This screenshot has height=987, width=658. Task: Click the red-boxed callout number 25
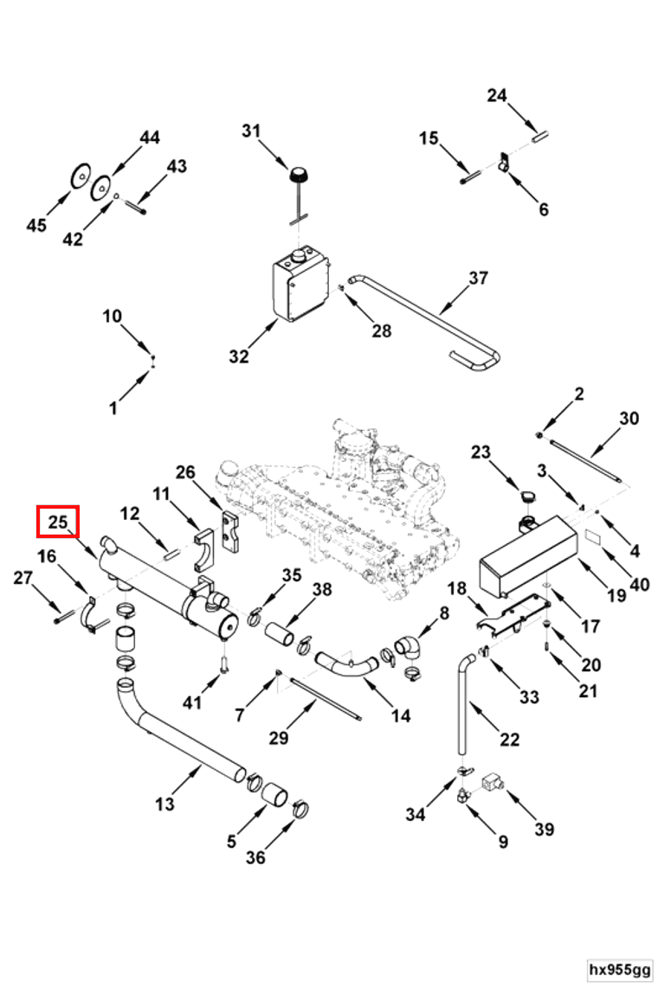pos(57,522)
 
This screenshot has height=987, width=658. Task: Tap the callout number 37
pos(478,279)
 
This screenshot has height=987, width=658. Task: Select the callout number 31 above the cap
pos(251,131)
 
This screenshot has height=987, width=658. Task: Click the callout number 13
pos(164,804)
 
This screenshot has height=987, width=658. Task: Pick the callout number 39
pos(544,830)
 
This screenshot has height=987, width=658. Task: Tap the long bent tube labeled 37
pos(433,321)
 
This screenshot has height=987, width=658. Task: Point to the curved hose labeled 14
pos(346,666)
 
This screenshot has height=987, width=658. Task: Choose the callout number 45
pos(36,225)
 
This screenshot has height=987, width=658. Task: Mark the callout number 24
pos(496,95)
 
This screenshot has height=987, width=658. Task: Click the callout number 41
pos(192,702)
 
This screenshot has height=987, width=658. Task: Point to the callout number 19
pos(616,595)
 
